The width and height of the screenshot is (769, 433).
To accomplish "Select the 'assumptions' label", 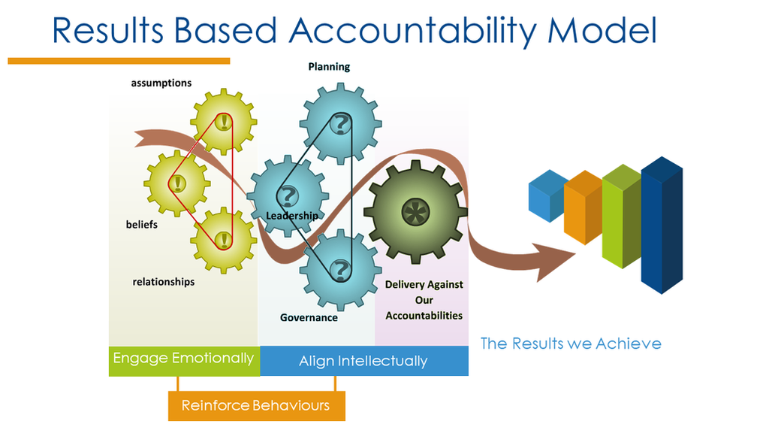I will pos(161,83).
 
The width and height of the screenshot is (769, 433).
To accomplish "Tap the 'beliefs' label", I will pos(142,224).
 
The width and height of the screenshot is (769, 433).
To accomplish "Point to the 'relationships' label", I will pos(164,282).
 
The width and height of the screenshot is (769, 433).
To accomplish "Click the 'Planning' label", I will pos(329,67).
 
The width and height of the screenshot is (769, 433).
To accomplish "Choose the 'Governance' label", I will pos(309,317).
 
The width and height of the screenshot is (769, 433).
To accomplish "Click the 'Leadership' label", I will pos(292,216).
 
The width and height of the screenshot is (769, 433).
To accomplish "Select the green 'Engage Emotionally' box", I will pos(183,359).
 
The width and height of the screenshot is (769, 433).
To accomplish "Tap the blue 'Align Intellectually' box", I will pos(363,361).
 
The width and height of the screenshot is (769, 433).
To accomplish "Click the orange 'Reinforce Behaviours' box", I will pos(256,406).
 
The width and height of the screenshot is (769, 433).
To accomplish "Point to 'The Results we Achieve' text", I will pos(571,344).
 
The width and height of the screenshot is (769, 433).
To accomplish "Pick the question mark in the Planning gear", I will pos(341,123).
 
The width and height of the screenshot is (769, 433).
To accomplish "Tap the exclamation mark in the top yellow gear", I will pos(223,121).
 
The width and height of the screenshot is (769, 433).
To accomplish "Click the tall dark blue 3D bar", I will pos(662,226).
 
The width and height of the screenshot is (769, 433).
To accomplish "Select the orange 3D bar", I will pos(584,207).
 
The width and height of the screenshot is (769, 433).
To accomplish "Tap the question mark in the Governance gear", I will pos(341,269).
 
